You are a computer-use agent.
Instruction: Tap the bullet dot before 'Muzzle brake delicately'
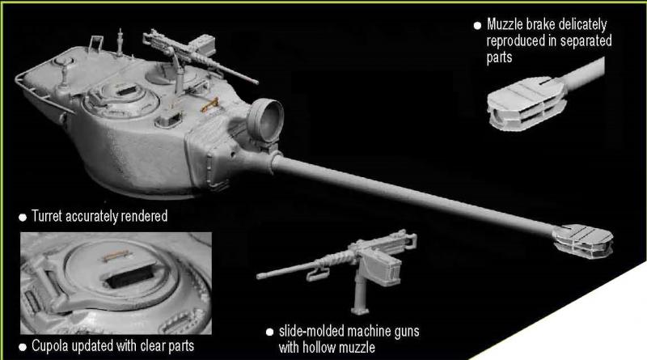[x=477, y=26]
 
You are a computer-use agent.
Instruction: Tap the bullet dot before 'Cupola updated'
[x=23, y=347]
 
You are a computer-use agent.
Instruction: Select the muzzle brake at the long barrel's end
[x=582, y=241]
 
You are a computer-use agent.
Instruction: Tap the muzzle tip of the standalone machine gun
[x=259, y=276]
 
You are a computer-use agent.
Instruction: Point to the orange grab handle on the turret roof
[x=209, y=105]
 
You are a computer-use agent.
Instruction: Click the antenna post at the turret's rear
[x=120, y=42]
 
